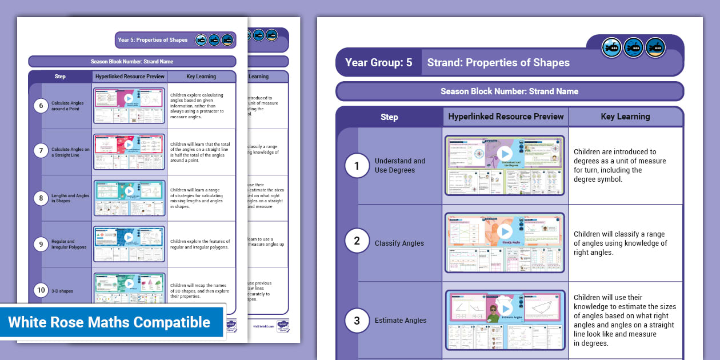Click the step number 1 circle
pos(357,166)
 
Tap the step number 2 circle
pos(357,241)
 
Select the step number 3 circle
pos(357,321)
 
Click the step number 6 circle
pos(40,105)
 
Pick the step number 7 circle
pos(40,151)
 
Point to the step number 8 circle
pos(40,198)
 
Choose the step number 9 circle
pos(40,244)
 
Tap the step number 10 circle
pos(40,290)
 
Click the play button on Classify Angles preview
pos(505,231)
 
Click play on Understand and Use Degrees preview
pos(505,154)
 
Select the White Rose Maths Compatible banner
pos(109,322)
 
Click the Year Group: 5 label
pos(378,62)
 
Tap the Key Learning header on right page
pos(625,117)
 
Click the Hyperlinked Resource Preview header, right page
pos(506,117)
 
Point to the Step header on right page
pos(389,117)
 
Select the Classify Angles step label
pos(399,243)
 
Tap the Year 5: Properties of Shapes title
pos(153,40)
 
